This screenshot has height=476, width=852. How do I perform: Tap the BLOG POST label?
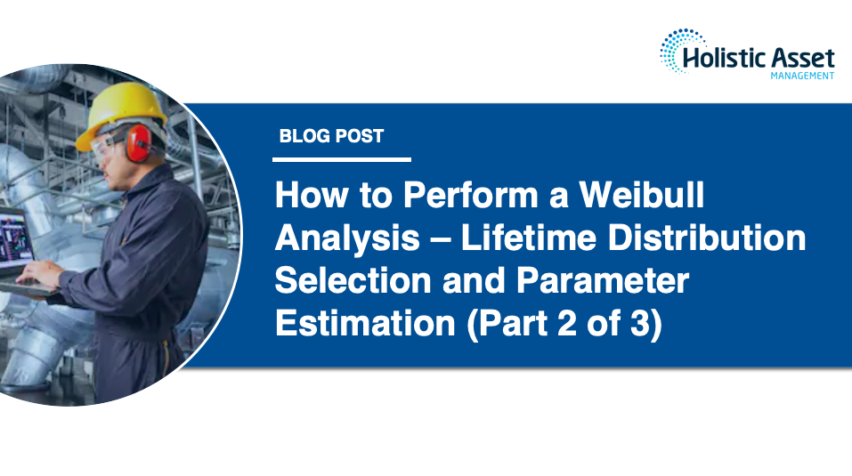pyautogui.click(x=331, y=136)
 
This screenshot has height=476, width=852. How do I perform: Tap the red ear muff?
pyautogui.click(x=138, y=143)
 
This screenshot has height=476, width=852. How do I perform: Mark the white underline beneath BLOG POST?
pyautogui.click(x=342, y=160)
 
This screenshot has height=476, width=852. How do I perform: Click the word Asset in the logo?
pyautogui.click(x=804, y=59)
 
